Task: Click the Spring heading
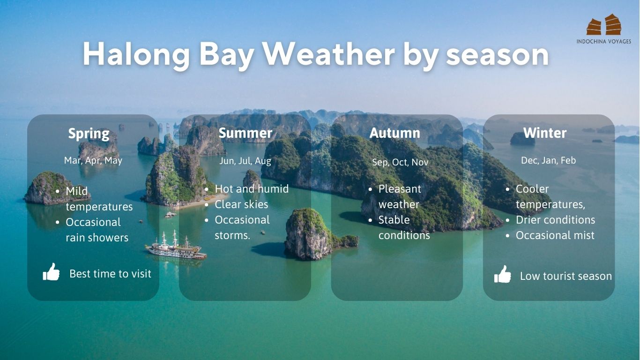[x=89, y=134]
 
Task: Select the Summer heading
[x=246, y=133]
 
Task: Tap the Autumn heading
[x=395, y=133]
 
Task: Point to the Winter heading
[x=545, y=133]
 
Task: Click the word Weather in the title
[x=328, y=54]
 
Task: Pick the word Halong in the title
[x=136, y=55]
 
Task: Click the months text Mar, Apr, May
[x=93, y=160]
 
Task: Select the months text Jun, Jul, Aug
[x=245, y=161]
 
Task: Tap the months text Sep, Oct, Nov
[x=400, y=162]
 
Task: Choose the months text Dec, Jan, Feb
[x=548, y=160]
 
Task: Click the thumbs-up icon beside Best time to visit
[x=51, y=272]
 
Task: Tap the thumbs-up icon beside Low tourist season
[x=503, y=274]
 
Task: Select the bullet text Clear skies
[x=241, y=204]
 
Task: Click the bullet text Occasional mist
[x=555, y=235]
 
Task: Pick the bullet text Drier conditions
[x=555, y=220]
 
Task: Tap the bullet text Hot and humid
[x=252, y=189]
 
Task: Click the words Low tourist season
[x=566, y=276]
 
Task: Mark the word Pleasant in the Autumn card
[x=400, y=189]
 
